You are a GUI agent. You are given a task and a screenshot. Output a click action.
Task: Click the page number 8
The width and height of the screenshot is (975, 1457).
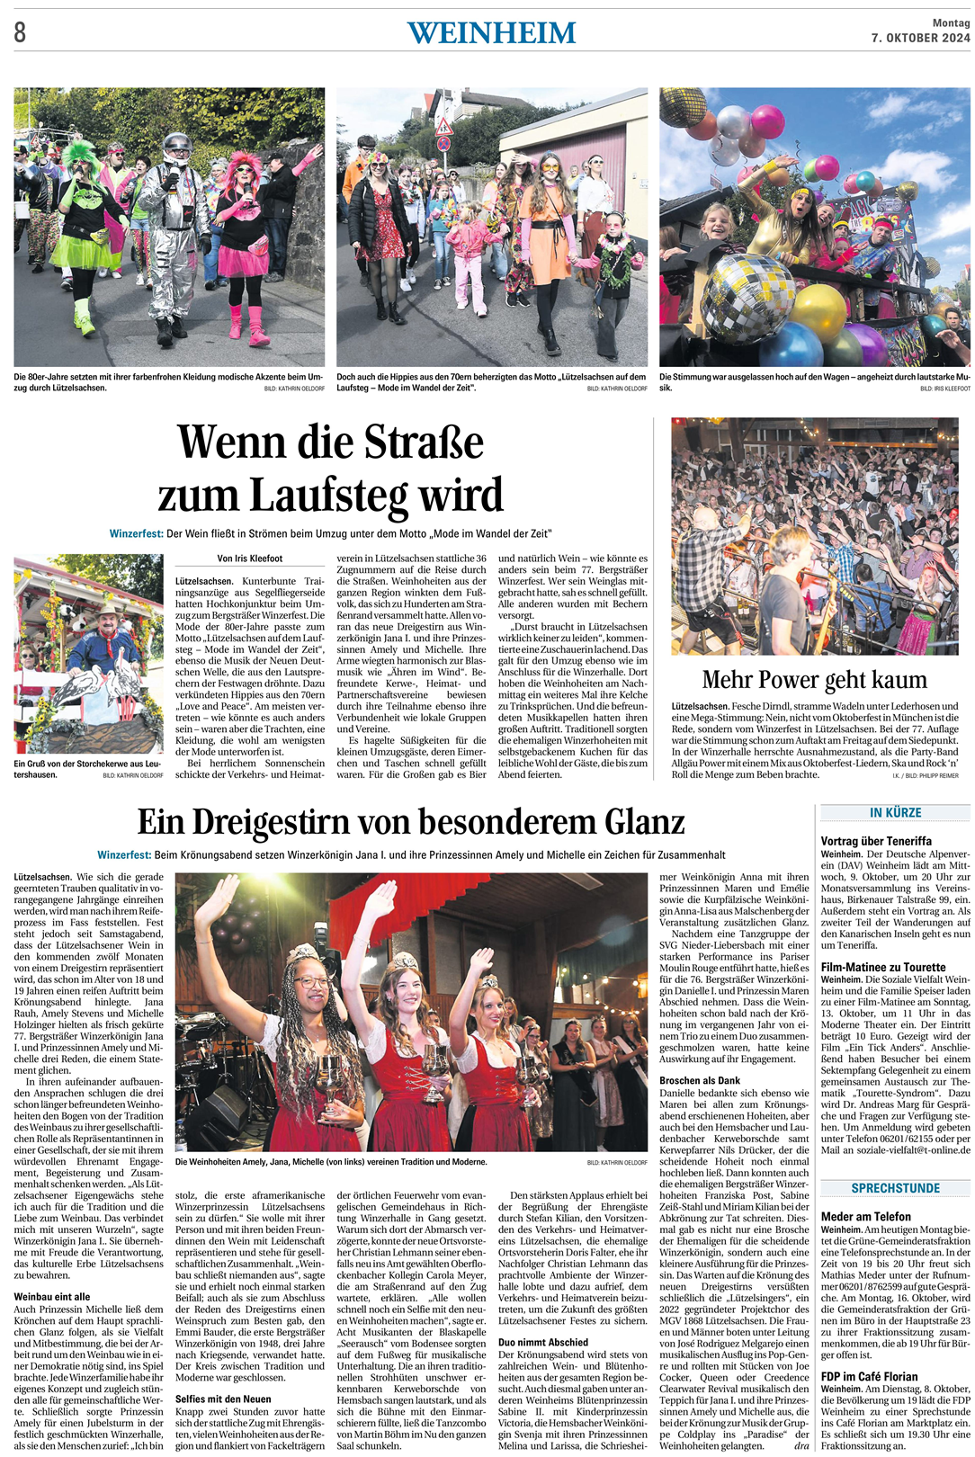click(20, 33)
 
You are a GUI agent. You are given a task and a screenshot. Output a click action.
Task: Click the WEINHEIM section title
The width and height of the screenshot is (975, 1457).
click(491, 33)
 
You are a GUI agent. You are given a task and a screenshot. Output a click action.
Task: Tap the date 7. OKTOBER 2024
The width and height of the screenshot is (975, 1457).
click(920, 38)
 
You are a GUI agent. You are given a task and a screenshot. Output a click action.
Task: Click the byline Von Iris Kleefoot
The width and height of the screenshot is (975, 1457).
click(249, 559)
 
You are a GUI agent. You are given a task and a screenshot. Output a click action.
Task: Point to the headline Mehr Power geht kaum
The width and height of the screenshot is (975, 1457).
click(814, 680)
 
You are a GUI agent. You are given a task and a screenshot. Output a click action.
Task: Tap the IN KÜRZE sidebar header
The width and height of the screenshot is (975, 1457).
click(895, 813)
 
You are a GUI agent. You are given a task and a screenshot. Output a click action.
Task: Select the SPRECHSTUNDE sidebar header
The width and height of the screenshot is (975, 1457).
click(895, 1188)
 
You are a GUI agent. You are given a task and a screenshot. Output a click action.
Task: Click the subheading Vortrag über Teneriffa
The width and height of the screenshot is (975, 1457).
click(875, 841)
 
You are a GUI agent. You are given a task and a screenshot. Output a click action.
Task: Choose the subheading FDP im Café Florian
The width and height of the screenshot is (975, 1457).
click(869, 1376)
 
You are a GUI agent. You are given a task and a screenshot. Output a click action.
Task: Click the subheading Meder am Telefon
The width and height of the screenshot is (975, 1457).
click(865, 1217)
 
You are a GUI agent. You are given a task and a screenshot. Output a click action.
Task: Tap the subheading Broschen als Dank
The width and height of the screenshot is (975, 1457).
click(700, 1080)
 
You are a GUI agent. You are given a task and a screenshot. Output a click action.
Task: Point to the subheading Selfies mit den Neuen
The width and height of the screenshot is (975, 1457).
click(223, 1399)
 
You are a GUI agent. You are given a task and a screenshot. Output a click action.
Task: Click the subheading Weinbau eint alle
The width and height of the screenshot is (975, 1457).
click(52, 1296)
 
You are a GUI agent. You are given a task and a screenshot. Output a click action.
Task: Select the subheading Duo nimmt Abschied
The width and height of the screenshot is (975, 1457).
click(543, 1342)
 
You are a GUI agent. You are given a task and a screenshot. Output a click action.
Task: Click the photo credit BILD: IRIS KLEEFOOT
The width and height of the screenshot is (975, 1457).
click(944, 389)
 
